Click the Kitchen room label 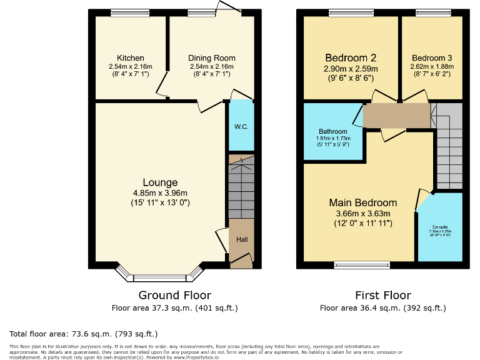130,58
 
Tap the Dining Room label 211,58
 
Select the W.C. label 241,127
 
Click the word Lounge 162,182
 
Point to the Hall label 241,239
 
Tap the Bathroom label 332,131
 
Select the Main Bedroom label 363,202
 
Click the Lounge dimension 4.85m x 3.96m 162,193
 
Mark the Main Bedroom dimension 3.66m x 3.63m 363,213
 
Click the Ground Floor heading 174,295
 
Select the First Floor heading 383,295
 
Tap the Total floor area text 84,334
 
